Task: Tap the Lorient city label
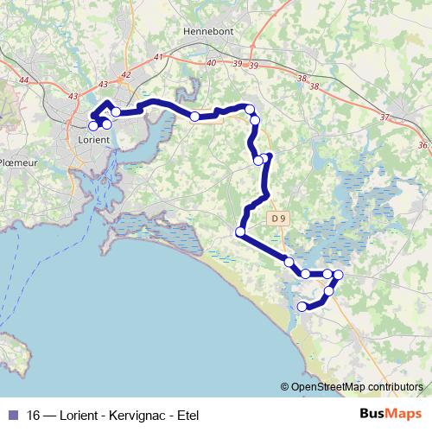92,139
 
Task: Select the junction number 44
23,80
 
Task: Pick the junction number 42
126,75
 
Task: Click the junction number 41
157,57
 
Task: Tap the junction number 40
213,63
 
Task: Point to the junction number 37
385,117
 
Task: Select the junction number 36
422,144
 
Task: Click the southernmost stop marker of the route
302,307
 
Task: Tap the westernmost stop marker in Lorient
93,126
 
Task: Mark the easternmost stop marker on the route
338,275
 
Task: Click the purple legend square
13,414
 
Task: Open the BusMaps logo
390,413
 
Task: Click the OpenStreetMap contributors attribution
357,388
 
